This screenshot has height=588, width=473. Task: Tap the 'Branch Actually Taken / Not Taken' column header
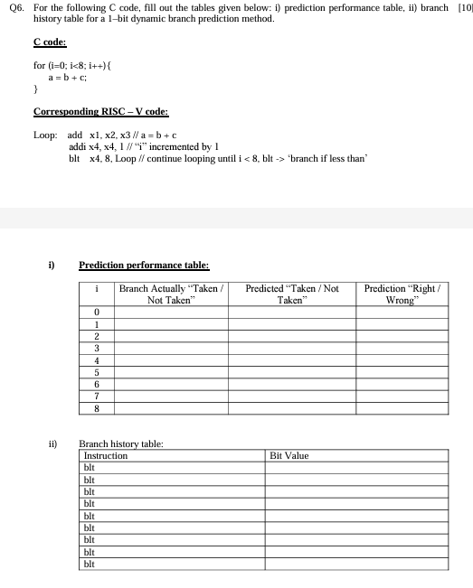tap(172, 294)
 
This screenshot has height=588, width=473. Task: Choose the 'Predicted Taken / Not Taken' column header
tap(291, 294)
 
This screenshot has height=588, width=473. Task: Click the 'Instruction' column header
tap(105, 456)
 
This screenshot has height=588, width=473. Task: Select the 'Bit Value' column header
tap(289, 456)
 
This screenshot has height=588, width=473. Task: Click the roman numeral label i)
tap(52, 266)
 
